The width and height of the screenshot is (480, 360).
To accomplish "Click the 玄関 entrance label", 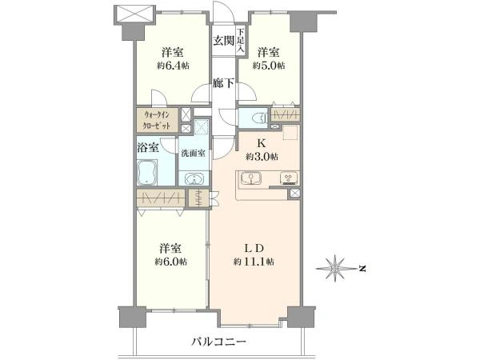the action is pyautogui.click(x=224, y=41).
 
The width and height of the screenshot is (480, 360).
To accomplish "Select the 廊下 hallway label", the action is pyautogui.click(x=224, y=82).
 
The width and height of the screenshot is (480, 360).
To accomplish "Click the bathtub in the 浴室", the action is pyautogui.click(x=147, y=172).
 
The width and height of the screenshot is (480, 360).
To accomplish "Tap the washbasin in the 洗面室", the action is pyautogui.click(x=194, y=178).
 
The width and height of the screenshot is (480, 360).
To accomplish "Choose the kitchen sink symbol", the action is pyautogui.click(x=250, y=178).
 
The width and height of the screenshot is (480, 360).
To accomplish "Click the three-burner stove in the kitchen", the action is pyautogui.click(x=290, y=178).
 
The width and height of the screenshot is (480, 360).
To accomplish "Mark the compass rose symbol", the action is pyautogui.click(x=336, y=269).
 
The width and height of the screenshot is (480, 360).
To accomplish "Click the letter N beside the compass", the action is pyautogui.click(x=362, y=269).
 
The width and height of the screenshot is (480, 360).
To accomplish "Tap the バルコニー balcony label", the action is pyautogui.click(x=219, y=342).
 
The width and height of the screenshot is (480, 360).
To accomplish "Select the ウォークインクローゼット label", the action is pyautogui.click(x=157, y=120).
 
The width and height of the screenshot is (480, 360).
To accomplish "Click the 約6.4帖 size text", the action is pyautogui.click(x=174, y=66).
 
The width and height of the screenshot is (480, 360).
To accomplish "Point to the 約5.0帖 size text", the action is pyautogui.click(x=269, y=66).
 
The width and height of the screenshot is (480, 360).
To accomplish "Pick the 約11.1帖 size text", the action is pyautogui.click(x=254, y=262).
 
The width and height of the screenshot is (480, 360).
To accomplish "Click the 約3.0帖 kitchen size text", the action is pyautogui.click(x=262, y=157).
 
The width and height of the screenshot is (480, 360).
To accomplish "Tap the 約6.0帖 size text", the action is pyautogui.click(x=171, y=262).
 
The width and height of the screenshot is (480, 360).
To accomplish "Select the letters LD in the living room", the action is pyautogui.click(x=254, y=248).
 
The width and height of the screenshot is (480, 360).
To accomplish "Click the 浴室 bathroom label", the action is pyautogui.click(x=148, y=148).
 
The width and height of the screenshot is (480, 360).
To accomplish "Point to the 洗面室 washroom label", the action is pyautogui.click(x=193, y=153).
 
